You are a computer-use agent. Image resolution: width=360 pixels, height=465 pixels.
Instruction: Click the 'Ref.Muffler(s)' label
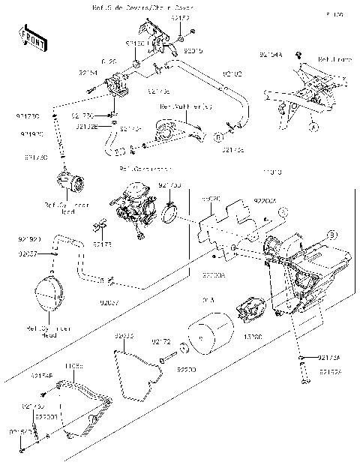tap(185, 107)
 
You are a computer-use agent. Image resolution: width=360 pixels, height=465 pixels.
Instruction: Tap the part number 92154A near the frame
tap(271, 55)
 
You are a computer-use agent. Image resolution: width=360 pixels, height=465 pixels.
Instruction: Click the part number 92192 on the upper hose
tap(233, 73)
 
